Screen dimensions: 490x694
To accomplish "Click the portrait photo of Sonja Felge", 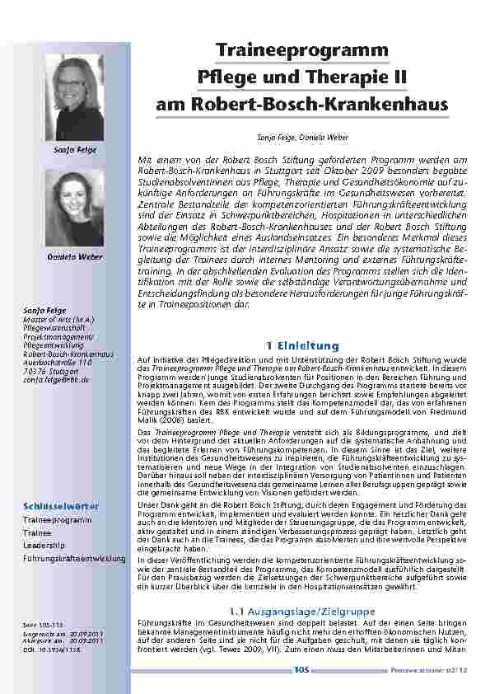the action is click(x=80, y=98).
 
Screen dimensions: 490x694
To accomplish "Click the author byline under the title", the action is click(x=301, y=134).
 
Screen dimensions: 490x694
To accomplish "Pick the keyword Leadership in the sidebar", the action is click(x=41, y=546).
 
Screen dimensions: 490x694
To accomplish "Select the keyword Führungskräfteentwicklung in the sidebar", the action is click(x=74, y=559).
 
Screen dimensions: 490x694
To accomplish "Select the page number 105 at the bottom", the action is click(x=301, y=670).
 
